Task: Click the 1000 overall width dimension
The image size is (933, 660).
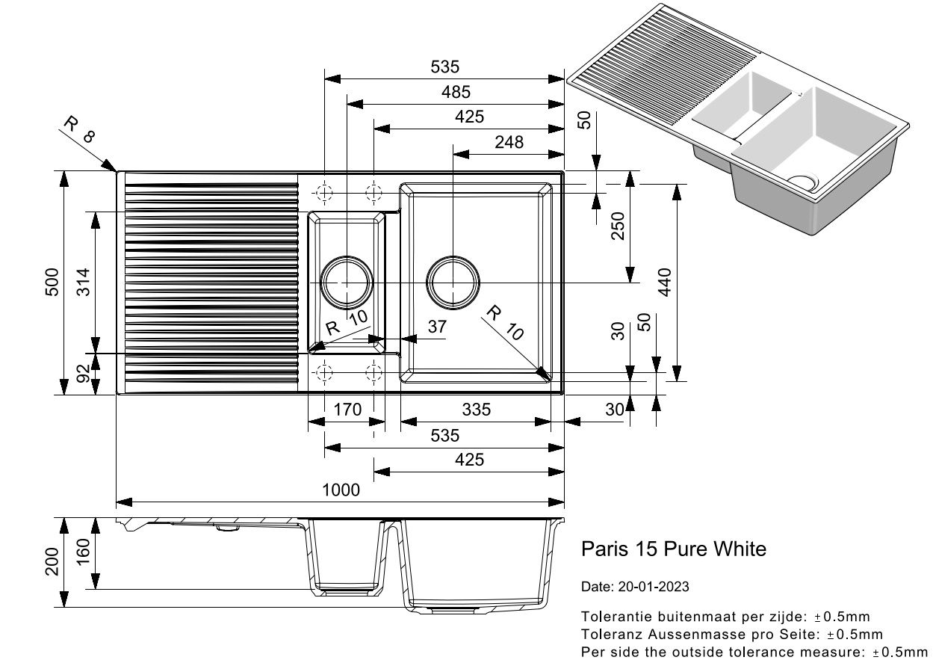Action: coord(341,490)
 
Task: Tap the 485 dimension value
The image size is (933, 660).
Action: coord(456,92)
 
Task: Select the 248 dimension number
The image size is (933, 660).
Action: coord(509,143)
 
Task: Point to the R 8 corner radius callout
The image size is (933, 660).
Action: coord(79,129)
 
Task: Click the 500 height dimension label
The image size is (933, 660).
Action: coord(52,282)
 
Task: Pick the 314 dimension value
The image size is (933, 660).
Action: coord(84,282)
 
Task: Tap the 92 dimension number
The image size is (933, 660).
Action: coord(84,373)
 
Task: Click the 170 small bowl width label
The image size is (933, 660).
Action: coord(347,410)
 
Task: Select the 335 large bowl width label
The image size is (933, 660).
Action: coord(476,410)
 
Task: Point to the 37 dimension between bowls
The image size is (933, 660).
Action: coord(437,327)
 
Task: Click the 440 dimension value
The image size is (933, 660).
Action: coord(665,282)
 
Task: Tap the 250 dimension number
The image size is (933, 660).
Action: coord(618,226)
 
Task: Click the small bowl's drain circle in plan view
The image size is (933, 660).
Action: coord(347,283)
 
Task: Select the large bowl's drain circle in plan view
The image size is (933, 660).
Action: coord(453,283)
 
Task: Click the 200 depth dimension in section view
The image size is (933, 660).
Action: coord(52,561)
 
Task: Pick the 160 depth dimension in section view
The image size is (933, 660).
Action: coord(84,552)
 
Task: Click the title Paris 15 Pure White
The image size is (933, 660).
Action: coord(674,549)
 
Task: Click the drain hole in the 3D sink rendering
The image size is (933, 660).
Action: coord(802,182)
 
